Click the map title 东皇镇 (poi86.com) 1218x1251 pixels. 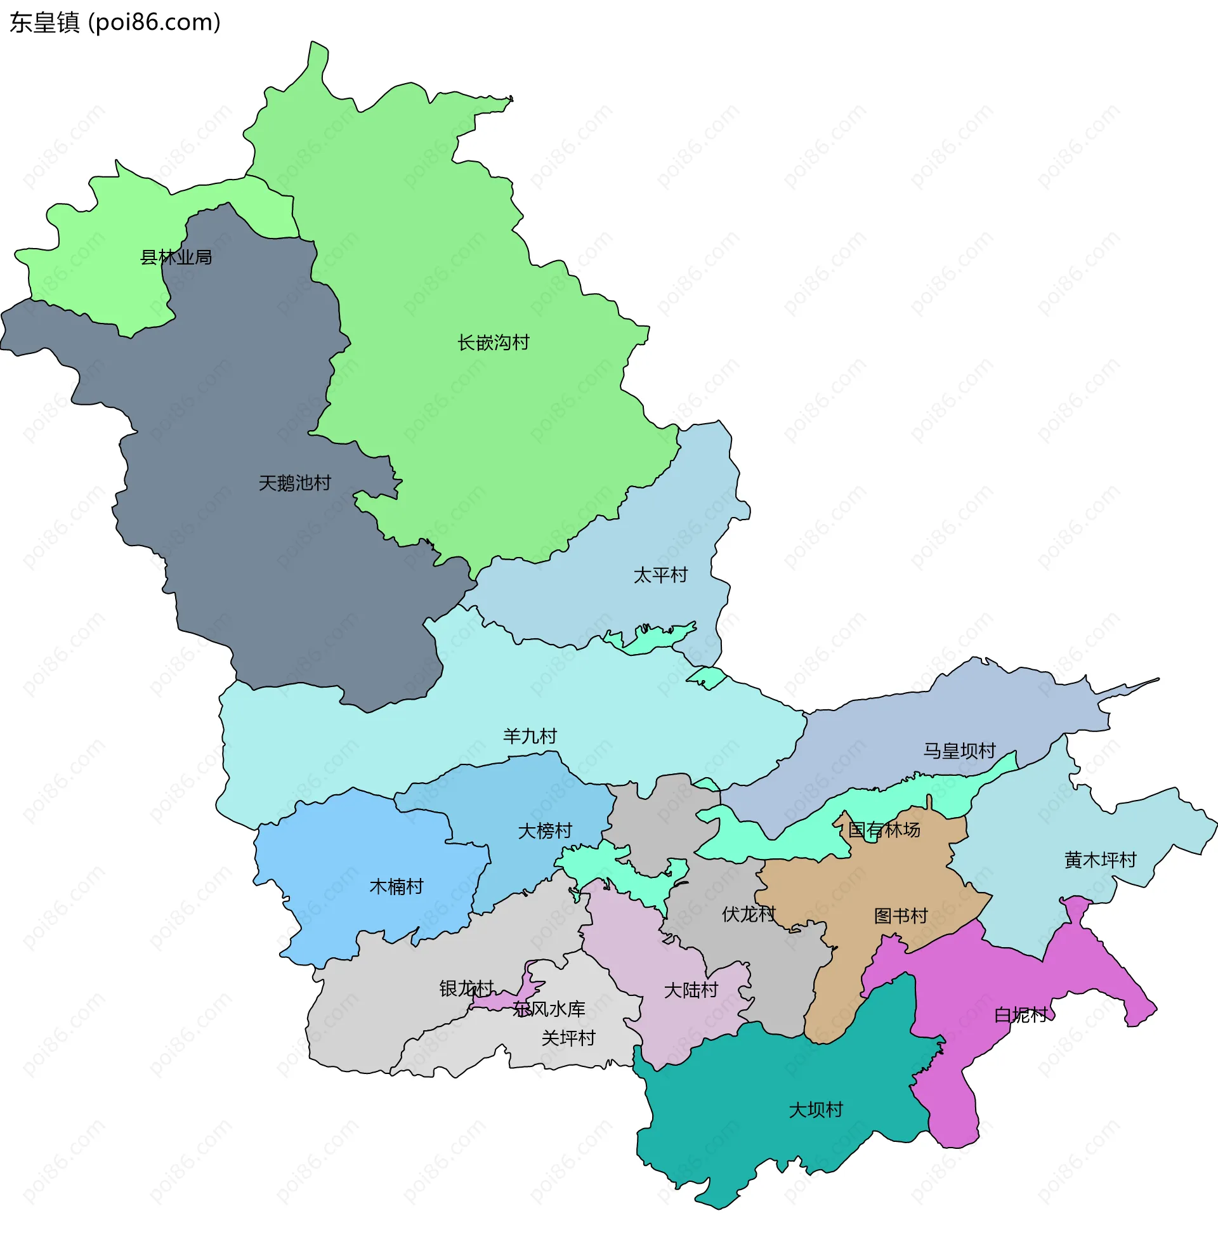[115, 22]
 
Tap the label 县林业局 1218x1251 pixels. [176, 258]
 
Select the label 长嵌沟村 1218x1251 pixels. [493, 343]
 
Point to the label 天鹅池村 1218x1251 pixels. [295, 483]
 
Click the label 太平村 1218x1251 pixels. [660, 575]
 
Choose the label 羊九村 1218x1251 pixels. [530, 736]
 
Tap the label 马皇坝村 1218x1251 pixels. [959, 751]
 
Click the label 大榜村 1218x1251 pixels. [544, 831]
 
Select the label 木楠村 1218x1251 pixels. [396, 886]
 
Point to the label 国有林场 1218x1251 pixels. [884, 830]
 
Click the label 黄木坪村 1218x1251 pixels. [1100, 860]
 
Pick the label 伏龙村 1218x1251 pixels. [749, 914]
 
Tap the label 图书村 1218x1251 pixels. [901, 916]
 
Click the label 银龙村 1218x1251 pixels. [466, 989]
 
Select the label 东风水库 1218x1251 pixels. [549, 1009]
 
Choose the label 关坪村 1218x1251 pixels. [568, 1038]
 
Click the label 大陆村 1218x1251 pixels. [691, 990]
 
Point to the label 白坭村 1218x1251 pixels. [1021, 1015]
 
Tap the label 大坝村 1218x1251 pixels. [816, 1110]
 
